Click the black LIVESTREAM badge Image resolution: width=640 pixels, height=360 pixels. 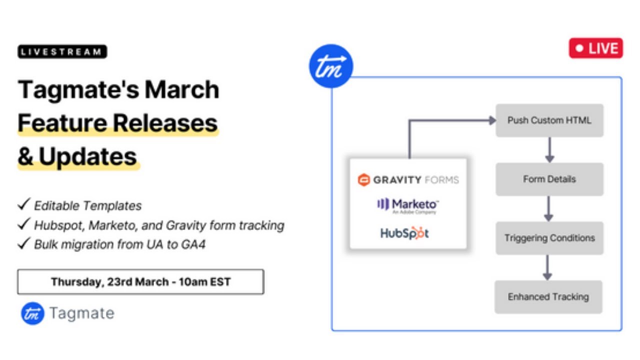tap(62, 51)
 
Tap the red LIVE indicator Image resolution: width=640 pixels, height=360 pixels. tap(595, 48)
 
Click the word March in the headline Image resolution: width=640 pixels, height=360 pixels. tap(182, 90)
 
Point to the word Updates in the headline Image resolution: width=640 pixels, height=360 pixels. tap(87, 156)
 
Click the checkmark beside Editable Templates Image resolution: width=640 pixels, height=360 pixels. tap(23, 204)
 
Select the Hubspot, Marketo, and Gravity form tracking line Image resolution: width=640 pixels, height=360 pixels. tap(159, 225)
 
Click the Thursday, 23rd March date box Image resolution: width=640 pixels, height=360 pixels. tap(140, 282)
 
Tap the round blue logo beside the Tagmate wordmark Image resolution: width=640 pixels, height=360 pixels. tap(32, 313)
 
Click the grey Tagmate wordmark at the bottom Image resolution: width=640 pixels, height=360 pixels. tap(81, 313)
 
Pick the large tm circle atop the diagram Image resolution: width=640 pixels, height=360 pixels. tap(331, 66)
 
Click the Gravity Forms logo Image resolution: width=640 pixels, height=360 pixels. tap(408, 180)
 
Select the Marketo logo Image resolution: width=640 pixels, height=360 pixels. tap(408, 205)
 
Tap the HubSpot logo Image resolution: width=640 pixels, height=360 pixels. tap(404, 233)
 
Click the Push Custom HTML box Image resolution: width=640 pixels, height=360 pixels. tap(549, 120)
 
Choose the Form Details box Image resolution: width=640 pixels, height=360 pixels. tap(549, 179)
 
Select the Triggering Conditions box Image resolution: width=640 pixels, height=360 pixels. tap(549, 238)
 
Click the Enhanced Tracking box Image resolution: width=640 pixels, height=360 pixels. tap(548, 297)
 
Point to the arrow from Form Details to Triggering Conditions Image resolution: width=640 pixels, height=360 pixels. tap(548, 208)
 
